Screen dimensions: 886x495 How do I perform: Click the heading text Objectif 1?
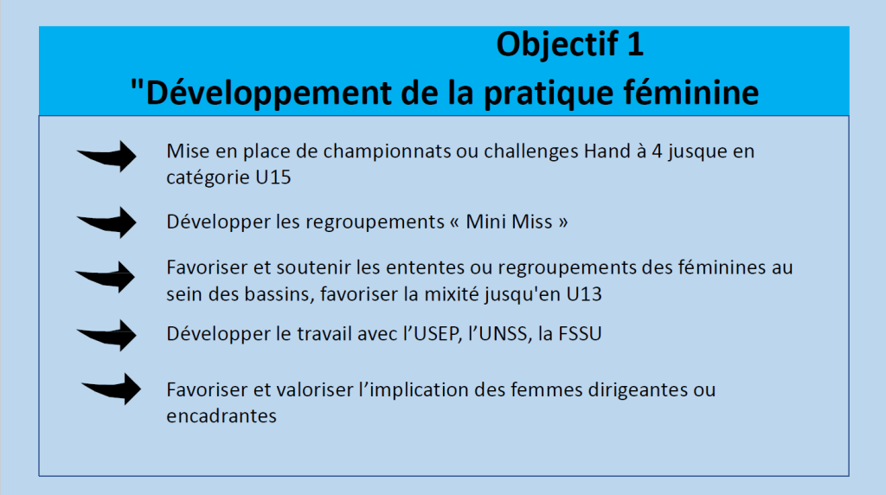pyautogui.click(x=569, y=45)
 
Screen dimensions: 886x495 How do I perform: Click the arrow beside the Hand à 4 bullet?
pyautogui.click(x=106, y=156)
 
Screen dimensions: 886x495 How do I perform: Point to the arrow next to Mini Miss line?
pyautogui.click(x=106, y=222)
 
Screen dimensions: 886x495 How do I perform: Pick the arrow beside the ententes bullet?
pyautogui.click(x=105, y=277)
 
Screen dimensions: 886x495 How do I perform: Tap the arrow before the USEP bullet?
pyautogui.click(x=106, y=335)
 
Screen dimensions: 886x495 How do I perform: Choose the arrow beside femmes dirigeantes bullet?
pyautogui.click(x=111, y=389)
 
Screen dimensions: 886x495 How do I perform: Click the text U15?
pyautogui.click(x=273, y=177)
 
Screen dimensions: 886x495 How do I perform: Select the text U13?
pyautogui.click(x=584, y=294)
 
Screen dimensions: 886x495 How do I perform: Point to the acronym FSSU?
pyautogui.click(x=580, y=334)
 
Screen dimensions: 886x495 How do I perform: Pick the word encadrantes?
pyautogui.click(x=221, y=416)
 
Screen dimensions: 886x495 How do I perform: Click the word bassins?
pyautogui.click(x=279, y=294)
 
